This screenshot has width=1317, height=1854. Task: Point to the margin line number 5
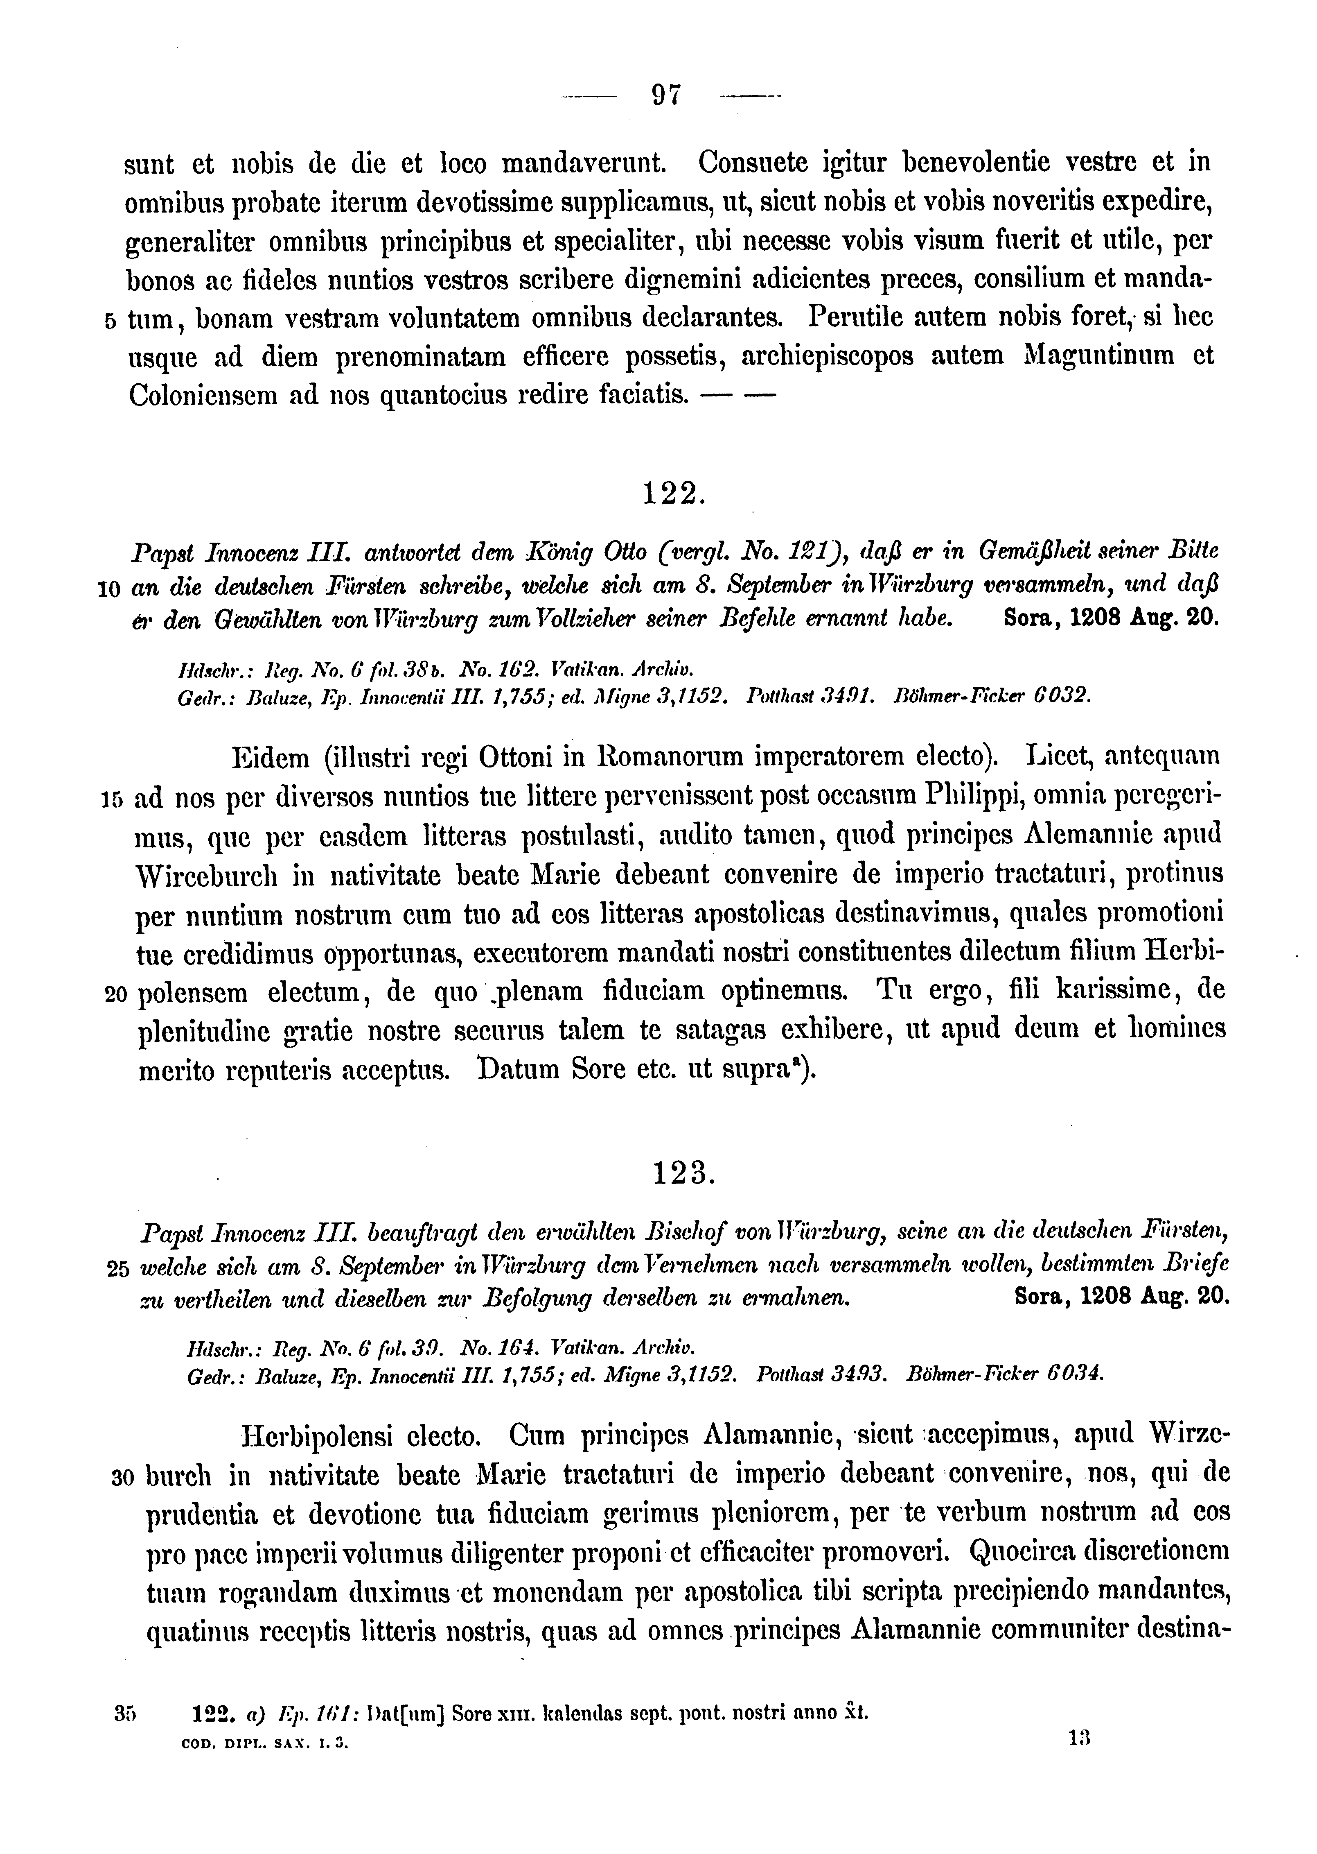coord(110,321)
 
